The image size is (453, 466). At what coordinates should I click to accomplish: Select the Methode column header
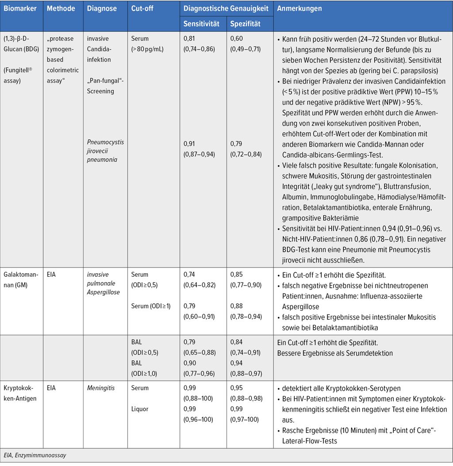61,8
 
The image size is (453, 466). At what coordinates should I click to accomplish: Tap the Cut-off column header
142,8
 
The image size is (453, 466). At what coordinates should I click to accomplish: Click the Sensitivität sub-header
202,23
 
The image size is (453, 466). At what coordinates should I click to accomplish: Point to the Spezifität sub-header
246,23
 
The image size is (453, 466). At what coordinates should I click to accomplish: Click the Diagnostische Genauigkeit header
226,8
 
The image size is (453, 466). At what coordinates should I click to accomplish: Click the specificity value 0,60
237,39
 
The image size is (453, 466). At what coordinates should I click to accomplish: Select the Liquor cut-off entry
140,409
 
